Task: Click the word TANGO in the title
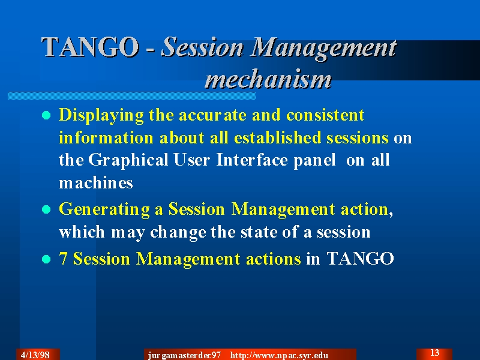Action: [x=90, y=47]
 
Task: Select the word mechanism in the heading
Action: [x=268, y=79]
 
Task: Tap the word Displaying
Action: [x=101, y=116]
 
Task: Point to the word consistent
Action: [x=325, y=115]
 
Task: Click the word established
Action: [x=277, y=137]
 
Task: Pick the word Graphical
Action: [x=128, y=160]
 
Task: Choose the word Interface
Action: [x=251, y=160]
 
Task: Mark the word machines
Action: [x=96, y=183]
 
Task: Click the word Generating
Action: [x=104, y=210]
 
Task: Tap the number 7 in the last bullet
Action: [x=63, y=259]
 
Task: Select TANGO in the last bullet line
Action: [x=361, y=259]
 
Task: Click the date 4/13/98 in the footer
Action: [x=35, y=355]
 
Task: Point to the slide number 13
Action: [x=434, y=353]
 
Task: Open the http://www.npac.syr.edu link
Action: [x=279, y=355]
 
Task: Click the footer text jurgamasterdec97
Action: [x=184, y=355]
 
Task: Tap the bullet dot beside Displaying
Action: [x=46, y=115]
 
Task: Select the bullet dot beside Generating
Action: [x=46, y=209]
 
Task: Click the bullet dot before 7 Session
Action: [x=46, y=259]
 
